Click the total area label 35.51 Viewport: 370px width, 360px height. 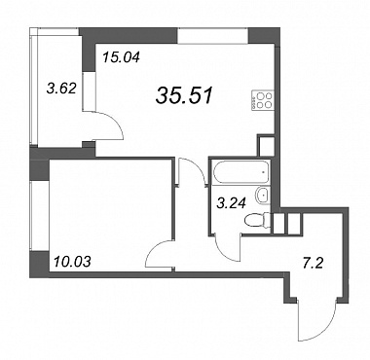point(184,96)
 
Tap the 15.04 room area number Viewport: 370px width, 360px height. point(121,57)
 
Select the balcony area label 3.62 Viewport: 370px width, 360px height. point(61,89)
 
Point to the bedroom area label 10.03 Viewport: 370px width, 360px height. point(72,262)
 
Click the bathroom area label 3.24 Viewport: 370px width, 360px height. point(231,203)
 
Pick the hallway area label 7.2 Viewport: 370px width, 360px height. point(313,264)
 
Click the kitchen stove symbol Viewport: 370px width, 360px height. point(261,100)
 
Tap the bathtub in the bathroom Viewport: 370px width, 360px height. point(240,171)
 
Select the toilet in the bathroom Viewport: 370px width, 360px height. point(257,221)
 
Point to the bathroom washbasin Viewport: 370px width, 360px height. point(263,196)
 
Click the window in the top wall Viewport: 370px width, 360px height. point(213,35)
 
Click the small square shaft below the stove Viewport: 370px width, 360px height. point(267,146)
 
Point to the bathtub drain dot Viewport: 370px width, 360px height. point(263,171)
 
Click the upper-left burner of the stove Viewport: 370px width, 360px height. point(260,95)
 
